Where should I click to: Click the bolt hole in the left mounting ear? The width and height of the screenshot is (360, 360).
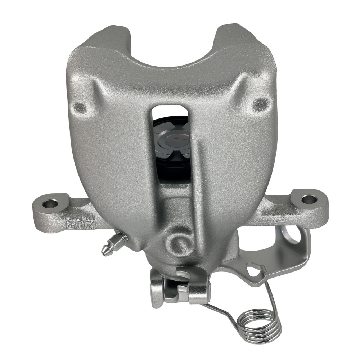[x=50, y=204]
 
